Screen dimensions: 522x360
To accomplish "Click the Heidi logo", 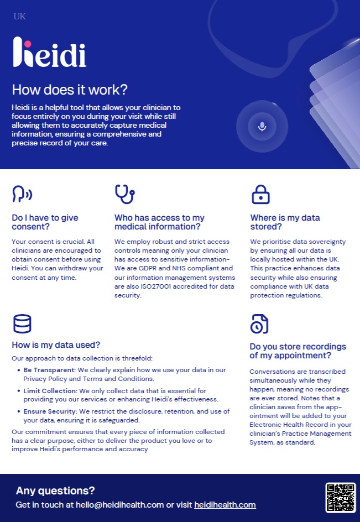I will pyautogui.click(x=49, y=53).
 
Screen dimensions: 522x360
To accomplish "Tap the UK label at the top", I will pyautogui.click(x=19, y=17).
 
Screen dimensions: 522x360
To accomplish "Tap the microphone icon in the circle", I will pyautogui.click(x=262, y=126).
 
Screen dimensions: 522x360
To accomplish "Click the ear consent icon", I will pyautogui.click(x=22, y=194).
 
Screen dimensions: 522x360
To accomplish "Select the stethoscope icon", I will pyautogui.click(x=124, y=194).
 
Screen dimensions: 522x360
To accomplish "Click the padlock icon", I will pyautogui.click(x=260, y=194).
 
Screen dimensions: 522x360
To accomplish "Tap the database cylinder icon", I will pyautogui.click(x=22, y=324).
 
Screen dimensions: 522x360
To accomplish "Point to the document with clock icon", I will pyautogui.click(x=259, y=324).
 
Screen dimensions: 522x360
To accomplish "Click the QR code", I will pyautogui.click(x=340, y=497).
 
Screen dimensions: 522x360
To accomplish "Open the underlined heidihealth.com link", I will pyautogui.click(x=225, y=505).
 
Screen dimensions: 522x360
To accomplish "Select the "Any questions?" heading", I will pyautogui.click(x=55, y=490).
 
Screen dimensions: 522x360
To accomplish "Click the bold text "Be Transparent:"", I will pyautogui.click(x=49, y=370).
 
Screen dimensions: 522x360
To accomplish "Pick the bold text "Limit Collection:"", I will pyautogui.click(x=50, y=391).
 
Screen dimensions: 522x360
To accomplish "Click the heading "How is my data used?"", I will pyautogui.click(x=56, y=345).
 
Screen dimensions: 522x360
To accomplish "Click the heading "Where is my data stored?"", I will pyautogui.click(x=285, y=222).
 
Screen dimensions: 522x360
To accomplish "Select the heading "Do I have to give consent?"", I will pyautogui.click(x=45, y=222).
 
